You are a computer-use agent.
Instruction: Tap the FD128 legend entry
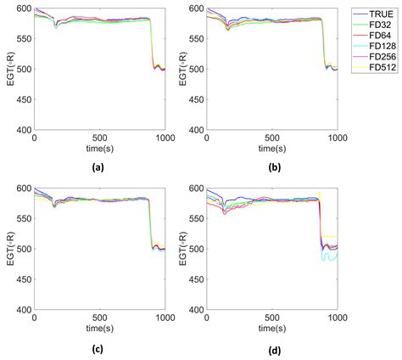tap(373, 48)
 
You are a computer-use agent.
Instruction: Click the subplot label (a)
tap(99, 167)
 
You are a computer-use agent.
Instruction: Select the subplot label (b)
tap(273, 167)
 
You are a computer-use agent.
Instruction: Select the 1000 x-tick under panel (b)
tap(338, 138)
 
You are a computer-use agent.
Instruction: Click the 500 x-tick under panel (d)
tap(273, 318)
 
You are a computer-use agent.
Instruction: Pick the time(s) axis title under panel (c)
tap(99, 328)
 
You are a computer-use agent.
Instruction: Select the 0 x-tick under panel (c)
tap(34, 318)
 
